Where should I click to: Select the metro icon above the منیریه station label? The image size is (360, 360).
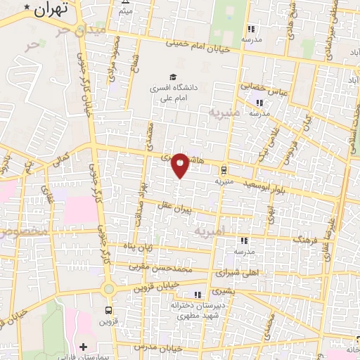pyautogui.click(x=224, y=169)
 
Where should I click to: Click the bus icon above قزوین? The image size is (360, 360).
pyautogui.click(x=108, y=310)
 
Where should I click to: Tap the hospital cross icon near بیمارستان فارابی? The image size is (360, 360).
pyautogui.click(x=84, y=347)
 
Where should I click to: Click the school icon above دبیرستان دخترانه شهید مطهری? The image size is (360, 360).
pyautogui.click(x=198, y=294)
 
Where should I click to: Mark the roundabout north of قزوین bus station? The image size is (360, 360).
pyautogui.click(x=108, y=288)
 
